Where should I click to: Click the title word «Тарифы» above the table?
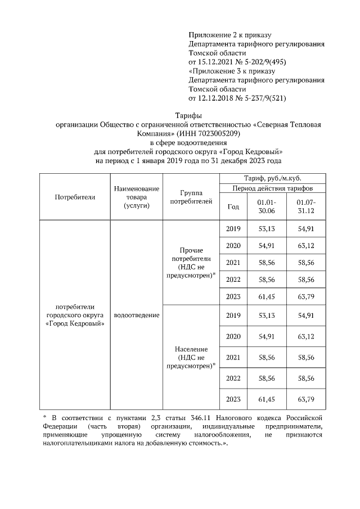click(180, 115)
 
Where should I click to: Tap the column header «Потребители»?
click(75, 197)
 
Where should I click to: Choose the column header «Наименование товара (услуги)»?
click(136, 197)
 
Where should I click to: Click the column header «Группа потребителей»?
click(191, 197)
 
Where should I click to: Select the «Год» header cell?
click(233, 206)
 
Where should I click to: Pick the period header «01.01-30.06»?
click(267, 206)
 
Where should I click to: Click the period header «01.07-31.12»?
click(307, 206)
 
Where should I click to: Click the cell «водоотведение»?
click(136, 315)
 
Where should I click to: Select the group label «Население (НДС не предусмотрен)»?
click(191, 357)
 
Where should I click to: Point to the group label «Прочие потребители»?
click(191, 254)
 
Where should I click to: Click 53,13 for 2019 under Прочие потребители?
click(267, 229)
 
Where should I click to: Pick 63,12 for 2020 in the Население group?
click(307, 336)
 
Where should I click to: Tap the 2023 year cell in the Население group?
click(233, 399)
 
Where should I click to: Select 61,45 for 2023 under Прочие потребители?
click(267, 297)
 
